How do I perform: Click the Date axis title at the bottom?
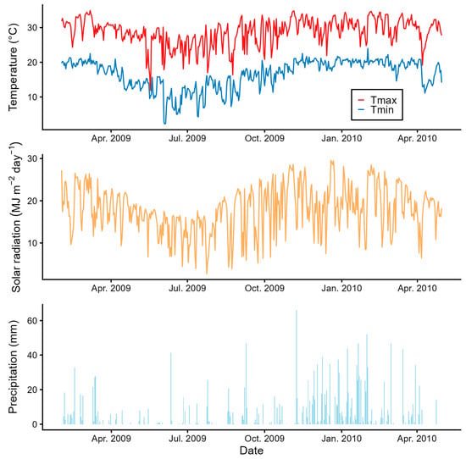point(251,452)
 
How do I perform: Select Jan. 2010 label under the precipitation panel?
point(342,439)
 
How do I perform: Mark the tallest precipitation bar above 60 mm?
point(297,312)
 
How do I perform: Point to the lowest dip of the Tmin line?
point(165,124)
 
